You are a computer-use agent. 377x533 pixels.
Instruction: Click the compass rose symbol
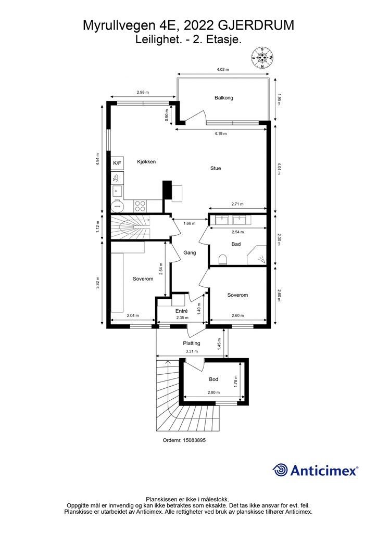pos(262,57)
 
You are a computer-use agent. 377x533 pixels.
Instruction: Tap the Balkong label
pos(224,97)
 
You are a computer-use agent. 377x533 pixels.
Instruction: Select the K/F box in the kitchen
pos(117,163)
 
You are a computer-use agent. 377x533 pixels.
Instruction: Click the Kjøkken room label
pos(146,161)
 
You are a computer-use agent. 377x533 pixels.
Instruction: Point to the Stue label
pos(216,168)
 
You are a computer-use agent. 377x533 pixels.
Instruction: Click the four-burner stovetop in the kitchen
pos(140,206)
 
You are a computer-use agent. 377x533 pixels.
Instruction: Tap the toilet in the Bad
pos(223,260)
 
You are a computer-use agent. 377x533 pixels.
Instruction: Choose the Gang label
pos(190,252)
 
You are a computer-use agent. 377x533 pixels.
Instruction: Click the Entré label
pos(182,311)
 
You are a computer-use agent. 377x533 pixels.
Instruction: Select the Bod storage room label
pos(213,379)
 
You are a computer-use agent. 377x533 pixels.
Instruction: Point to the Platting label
pos(192,343)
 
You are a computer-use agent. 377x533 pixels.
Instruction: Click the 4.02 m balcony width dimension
pos(223,69)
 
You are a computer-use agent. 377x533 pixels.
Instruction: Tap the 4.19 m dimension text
pos(221,134)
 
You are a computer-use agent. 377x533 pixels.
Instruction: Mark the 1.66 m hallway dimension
pos(190,223)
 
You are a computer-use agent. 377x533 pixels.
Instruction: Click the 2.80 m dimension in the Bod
pos(213,392)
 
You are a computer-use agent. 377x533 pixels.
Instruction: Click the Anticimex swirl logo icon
pos(280,470)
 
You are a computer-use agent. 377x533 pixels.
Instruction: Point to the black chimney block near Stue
pos(168,191)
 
